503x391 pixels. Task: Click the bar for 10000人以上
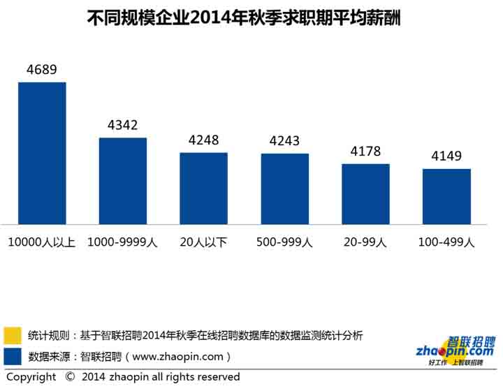click(42, 153)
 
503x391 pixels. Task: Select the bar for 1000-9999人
click(123, 181)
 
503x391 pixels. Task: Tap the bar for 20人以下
click(204, 188)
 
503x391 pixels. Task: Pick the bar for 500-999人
click(285, 189)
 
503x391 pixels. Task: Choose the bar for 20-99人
click(365, 193)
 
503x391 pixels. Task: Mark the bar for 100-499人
click(446, 196)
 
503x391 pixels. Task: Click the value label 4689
click(41, 70)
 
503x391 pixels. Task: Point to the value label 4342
click(123, 126)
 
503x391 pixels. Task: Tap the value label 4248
click(204, 140)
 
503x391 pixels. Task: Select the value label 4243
click(285, 141)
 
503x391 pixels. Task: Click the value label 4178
click(365, 152)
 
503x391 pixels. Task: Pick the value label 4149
click(446, 156)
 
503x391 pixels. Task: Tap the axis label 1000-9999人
click(123, 242)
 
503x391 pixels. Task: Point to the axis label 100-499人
click(446, 242)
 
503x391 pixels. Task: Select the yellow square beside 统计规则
click(12, 335)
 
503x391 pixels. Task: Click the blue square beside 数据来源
click(12, 356)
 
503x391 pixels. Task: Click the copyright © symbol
click(70, 377)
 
